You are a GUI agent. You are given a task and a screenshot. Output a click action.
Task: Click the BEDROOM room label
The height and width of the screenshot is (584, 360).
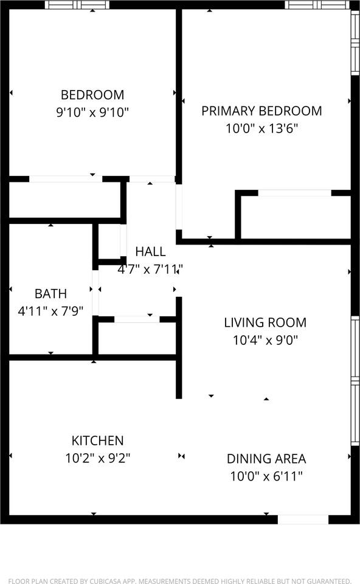(x=92, y=95)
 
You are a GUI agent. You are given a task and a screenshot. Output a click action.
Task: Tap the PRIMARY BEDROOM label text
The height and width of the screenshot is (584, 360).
(x=261, y=111)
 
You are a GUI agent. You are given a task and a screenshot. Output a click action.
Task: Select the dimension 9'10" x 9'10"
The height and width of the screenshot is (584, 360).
(x=92, y=113)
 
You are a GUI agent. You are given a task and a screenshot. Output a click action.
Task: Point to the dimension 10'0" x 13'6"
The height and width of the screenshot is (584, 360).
(x=261, y=128)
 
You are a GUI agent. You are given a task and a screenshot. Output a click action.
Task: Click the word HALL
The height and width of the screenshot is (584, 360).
(x=150, y=251)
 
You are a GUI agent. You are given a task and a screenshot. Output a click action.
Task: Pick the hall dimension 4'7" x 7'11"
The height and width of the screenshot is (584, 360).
(x=150, y=268)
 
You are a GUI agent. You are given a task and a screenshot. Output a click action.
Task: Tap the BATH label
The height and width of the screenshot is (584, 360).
(x=50, y=293)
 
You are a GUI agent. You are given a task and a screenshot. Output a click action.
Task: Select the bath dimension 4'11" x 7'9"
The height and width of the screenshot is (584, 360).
(x=50, y=310)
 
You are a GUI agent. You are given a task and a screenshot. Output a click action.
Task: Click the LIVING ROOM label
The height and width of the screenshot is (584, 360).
(x=265, y=322)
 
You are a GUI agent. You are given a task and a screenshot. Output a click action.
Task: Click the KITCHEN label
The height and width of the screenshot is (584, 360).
(x=97, y=440)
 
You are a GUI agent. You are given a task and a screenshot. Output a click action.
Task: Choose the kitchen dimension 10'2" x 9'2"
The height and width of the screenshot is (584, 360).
(x=97, y=457)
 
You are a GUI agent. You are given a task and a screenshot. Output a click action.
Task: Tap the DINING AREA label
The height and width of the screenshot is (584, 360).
(x=266, y=459)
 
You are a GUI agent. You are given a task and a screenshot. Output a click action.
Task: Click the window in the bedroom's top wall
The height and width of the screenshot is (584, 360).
(x=77, y=5)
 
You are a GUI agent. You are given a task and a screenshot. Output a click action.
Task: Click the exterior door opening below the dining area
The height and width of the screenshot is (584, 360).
(x=303, y=520)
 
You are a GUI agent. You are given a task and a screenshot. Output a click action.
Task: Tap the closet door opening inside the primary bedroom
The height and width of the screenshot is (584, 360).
(x=294, y=193)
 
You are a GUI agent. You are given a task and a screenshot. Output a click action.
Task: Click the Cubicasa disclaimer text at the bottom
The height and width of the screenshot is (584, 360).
(x=180, y=581)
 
